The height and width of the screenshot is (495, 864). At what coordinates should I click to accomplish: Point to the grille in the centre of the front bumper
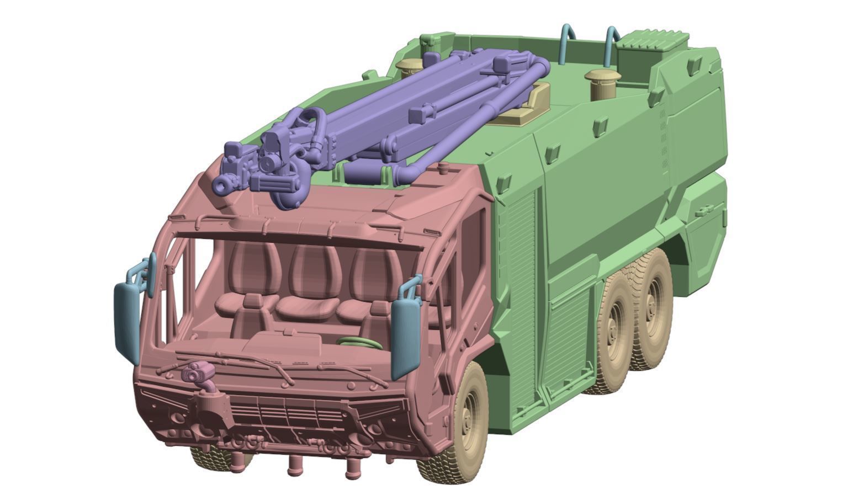(287, 414)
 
